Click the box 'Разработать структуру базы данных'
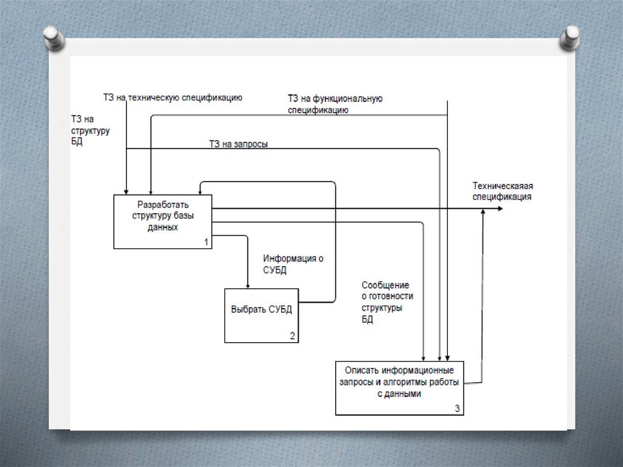coord(162,221)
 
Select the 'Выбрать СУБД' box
coord(262,315)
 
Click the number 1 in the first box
coord(206,242)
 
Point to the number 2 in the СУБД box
coord(292,336)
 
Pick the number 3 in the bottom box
coord(457,409)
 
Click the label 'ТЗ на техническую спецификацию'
coord(173,97)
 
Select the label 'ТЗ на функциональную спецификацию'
coord(335,104)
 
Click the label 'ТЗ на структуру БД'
coord(90,130)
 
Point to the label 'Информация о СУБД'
coord(293,264)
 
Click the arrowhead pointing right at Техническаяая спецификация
coord(499,208)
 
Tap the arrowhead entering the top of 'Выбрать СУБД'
coord(248,284)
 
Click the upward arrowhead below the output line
coord(483,212)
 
